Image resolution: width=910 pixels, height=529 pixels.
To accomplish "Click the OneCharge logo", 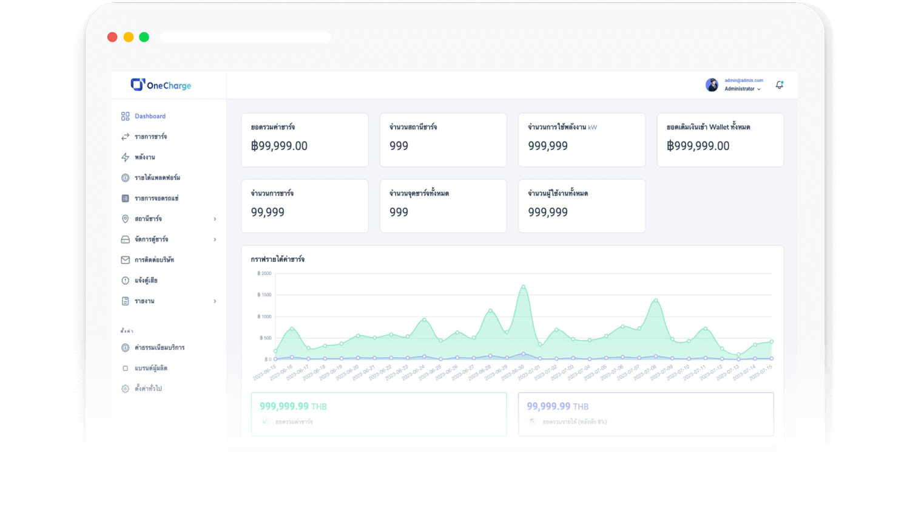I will (x=161, y=85).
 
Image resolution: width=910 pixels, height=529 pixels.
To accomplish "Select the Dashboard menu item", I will (x=150, y=116).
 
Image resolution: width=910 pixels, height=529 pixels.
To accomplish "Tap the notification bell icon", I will (x=780, y=85).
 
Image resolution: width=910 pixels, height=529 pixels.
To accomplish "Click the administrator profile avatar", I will (x=712, y=85).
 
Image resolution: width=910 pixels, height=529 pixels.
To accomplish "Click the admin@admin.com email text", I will (x=744, y=80).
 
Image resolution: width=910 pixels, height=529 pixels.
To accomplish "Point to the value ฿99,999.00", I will (x=279, y=146).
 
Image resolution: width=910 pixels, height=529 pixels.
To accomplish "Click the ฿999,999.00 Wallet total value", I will (x=698, y=146).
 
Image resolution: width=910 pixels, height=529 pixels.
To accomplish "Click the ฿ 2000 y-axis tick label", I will (x=265, y=273).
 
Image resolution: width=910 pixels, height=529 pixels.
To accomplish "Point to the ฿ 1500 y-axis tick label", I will (x=265, y=295).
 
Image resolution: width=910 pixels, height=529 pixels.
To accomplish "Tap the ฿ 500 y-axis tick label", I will (x=266, y=338).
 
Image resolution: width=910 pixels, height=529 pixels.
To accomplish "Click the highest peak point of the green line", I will (x=523, y=287).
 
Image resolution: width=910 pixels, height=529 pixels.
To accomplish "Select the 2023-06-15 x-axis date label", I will (x=265, y=372).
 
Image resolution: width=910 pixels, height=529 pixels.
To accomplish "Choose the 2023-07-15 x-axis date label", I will (x=761, y=372).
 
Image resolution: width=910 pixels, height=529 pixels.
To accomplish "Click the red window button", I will (x=112, y=37).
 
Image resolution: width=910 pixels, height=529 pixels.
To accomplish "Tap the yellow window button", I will (x=129, y=37).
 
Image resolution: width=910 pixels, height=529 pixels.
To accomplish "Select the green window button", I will (x=144, y=37).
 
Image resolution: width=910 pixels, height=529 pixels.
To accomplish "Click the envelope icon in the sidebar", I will (x=125, y=260).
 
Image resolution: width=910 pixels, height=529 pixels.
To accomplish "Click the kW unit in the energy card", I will (x=593, y=128).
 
